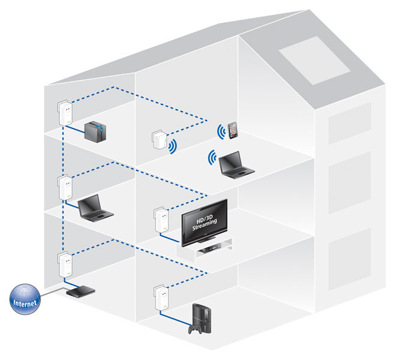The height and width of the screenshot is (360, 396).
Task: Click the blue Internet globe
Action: tap(25, 299)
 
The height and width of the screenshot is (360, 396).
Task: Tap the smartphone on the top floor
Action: tap(233, 130)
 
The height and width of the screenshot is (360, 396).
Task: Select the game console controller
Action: tap(195, 329)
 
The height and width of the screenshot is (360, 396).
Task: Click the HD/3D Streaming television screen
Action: tap(205, 222)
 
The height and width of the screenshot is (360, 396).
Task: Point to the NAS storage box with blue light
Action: tap(95, 131)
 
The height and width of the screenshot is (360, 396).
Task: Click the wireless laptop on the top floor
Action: tap(235, 165)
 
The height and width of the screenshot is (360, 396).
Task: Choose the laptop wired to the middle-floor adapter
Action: tap(95, 208)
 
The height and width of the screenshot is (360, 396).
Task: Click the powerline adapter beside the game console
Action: tap(161, 298)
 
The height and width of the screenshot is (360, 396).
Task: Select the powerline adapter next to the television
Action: tap(161, 220)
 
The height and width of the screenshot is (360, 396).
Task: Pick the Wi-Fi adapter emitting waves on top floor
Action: tap(160, 139)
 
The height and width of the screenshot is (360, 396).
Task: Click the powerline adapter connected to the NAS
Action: tap(65, 113)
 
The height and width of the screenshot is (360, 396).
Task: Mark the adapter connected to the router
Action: tap(65, 265)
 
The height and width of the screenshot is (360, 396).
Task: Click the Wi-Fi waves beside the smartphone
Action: tap(221, 131)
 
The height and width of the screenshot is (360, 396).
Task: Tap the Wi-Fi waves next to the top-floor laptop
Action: tap(212, 158)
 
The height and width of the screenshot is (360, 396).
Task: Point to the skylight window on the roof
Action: tap(314, 61)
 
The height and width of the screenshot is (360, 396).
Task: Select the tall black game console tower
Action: tap(202, 318)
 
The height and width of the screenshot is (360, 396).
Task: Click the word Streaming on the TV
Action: tap(205, 224)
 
